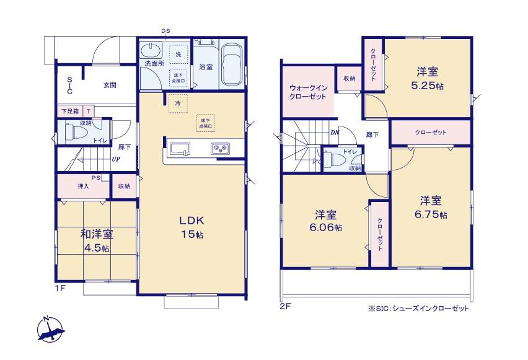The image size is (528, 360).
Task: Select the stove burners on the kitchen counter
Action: click(x=220, y=148)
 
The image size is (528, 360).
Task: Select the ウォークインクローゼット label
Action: click(x=307, y=92)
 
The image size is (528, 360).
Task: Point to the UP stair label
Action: click(x=115, y=159)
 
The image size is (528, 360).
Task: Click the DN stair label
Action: click(x=334, y=133)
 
